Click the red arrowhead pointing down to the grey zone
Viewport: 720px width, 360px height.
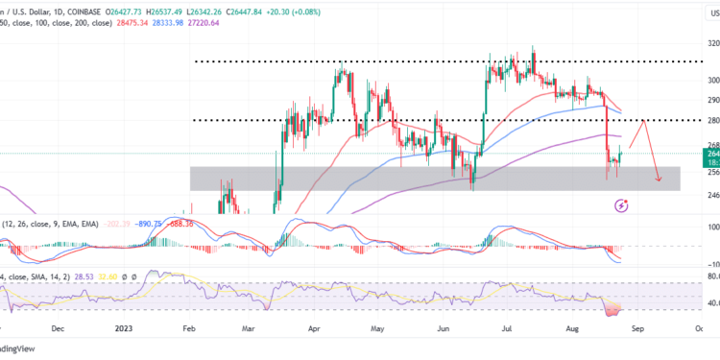[x=658, y=179]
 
